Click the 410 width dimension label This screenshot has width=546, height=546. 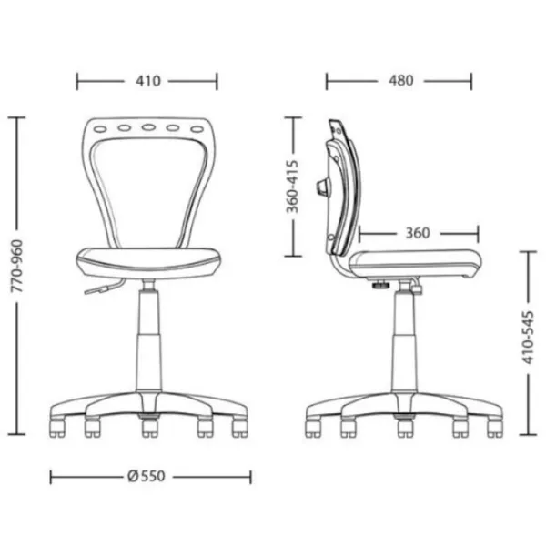[148, 81]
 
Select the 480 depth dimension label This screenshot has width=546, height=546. [401, 80]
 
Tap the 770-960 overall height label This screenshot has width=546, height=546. [17, 266]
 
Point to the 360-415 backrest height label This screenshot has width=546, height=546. [292, 187]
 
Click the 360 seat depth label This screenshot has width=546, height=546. [418, 233]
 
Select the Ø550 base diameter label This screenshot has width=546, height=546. [147, 476]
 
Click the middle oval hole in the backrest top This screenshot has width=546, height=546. [148, 127]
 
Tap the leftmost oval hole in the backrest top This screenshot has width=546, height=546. [100, 129]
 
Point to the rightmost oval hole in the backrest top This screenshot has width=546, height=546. [197, 129]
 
